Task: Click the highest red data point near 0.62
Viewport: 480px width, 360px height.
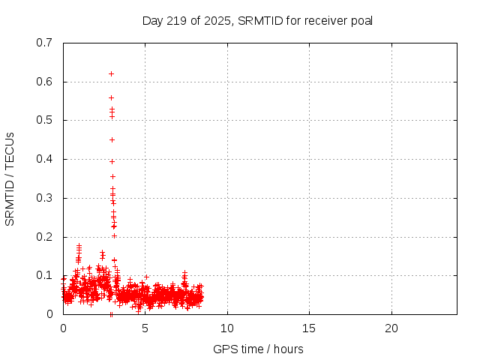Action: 111,73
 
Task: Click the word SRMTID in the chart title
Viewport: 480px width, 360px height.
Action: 256,20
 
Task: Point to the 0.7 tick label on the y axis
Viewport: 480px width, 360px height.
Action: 44,43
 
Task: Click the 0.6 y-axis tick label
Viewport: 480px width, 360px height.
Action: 44,82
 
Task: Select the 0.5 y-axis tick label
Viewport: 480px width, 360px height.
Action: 44,120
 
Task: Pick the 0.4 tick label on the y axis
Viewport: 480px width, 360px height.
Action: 44,159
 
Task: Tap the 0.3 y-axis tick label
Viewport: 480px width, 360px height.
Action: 44,198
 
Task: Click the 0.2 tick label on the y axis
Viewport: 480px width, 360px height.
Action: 44,237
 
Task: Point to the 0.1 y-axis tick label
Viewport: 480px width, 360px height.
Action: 44,275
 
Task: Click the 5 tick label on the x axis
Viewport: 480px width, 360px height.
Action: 145,328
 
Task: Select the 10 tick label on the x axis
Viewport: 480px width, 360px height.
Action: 226,328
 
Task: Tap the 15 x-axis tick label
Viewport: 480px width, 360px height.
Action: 309,328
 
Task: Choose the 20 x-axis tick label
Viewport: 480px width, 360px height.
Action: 391,328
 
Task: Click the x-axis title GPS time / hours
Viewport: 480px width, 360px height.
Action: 258,349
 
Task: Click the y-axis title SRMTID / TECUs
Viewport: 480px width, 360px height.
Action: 10,178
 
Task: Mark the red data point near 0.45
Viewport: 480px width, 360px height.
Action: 112,139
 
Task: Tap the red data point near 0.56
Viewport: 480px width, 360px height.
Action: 111,97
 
